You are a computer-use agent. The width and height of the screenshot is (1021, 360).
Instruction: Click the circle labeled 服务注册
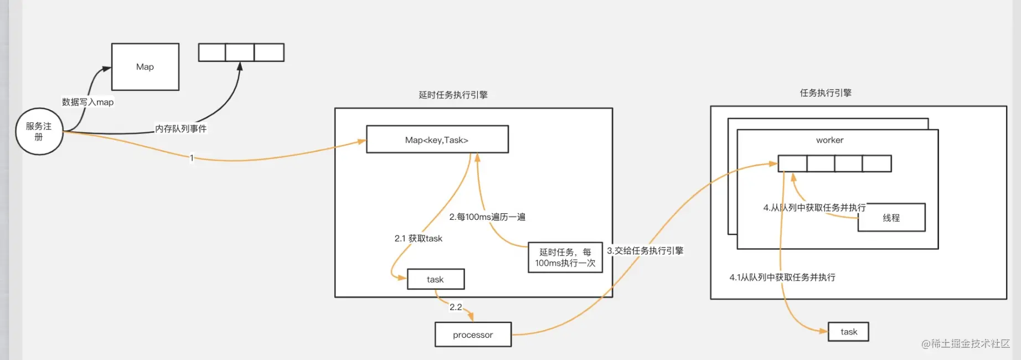[x=39, y=131]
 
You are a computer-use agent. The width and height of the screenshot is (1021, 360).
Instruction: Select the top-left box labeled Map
[x=145, y=67]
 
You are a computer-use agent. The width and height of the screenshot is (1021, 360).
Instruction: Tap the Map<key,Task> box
[x=437, y=140]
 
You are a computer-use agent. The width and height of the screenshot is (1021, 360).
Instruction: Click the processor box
[x=473, y=335]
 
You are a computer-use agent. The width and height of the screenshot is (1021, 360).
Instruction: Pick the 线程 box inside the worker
[x=891, y=218]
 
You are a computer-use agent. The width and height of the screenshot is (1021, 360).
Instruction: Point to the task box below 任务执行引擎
[x=848, y=332]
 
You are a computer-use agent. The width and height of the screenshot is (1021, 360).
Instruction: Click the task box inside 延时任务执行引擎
[x=435, y=279]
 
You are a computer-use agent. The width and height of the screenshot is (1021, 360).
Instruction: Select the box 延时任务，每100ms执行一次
[x=565, y=258]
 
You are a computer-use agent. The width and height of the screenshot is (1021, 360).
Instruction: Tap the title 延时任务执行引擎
[x=453, y=95]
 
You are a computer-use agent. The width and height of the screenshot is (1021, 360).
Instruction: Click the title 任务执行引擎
[x=826, y=93]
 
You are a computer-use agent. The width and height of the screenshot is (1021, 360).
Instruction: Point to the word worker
[x=829, y=140]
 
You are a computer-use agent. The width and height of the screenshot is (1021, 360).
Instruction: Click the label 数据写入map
[x=87, y=102]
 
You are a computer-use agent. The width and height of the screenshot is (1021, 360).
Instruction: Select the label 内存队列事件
[x=181, y=128]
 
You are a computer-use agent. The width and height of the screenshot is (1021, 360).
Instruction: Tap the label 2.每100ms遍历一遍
[x=487, y=217]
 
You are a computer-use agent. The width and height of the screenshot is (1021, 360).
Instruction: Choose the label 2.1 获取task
[x=418, y=239]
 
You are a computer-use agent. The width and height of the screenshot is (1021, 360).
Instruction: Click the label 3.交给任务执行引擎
[x=645, y=251]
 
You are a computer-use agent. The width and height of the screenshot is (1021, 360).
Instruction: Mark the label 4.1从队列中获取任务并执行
[x=782, y=277]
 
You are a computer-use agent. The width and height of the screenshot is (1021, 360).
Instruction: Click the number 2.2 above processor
[x=456, y=307]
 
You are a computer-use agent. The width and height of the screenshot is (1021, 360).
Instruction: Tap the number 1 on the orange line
[x=192, y=158]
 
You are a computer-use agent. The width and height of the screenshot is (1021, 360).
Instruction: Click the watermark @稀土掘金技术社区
[x=965, y=344]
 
